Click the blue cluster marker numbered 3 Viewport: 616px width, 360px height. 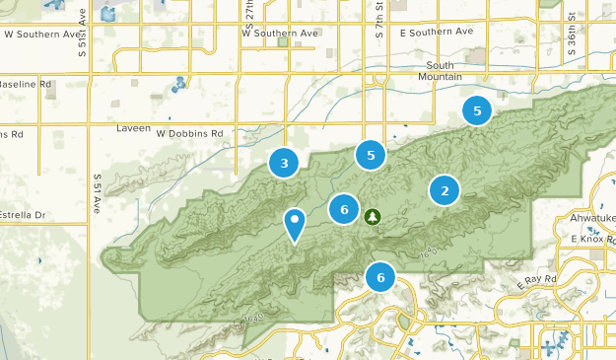tap(284, 163)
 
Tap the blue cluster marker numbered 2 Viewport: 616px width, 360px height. tap(445, 190)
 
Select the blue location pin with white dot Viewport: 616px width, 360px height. tap(295, 224)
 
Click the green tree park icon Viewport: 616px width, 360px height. tap(373, 216)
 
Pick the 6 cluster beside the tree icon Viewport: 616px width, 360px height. tap(344, 208)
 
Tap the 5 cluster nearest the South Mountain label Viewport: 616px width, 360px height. tap(477, 111)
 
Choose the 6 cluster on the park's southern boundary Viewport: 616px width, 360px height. tap(380, 277)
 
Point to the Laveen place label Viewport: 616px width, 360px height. tap(134, 129)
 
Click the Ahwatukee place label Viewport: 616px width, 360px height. tap(592, 219)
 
